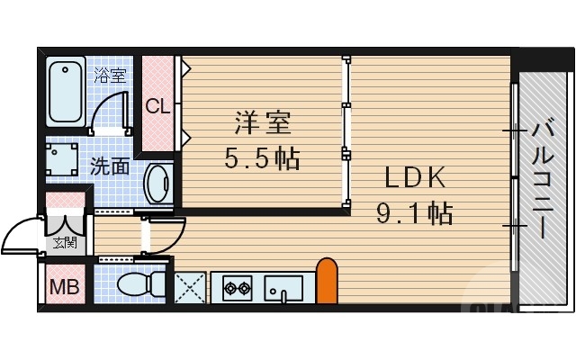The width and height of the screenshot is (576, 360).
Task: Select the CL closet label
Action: click(x=158, y=106)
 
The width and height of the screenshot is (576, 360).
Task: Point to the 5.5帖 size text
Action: click(x=262, y=159)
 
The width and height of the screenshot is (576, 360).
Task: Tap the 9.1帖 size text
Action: click(x=413, y=214)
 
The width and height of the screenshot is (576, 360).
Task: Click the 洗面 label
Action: click(x=109, y=166)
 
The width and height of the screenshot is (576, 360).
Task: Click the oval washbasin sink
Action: click(x=158, y=184)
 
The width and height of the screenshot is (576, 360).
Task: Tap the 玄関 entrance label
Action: click(x=64, y=241)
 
